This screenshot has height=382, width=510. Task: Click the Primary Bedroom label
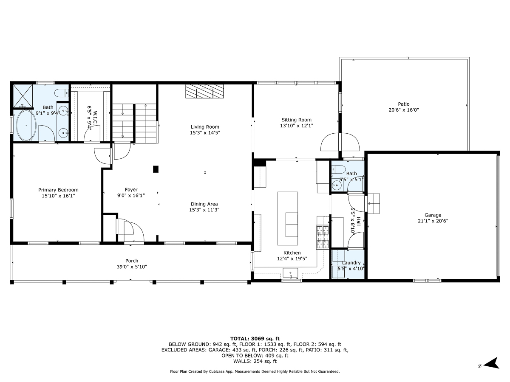tap(58, 190)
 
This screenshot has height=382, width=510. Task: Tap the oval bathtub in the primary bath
tap(27, 126)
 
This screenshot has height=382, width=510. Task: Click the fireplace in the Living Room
tap(204, 91)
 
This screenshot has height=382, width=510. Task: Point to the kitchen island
tap(288, 218)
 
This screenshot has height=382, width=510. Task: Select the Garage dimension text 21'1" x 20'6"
tap(433, 221)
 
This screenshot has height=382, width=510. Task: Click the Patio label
tap(403, 104)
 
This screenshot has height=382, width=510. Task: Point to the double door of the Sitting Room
tap(340, 142)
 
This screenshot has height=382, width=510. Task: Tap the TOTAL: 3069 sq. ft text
tap(255, 338)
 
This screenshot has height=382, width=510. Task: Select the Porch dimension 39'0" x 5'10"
tap(132, 267)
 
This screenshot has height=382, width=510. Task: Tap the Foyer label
tap(131, 190)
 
